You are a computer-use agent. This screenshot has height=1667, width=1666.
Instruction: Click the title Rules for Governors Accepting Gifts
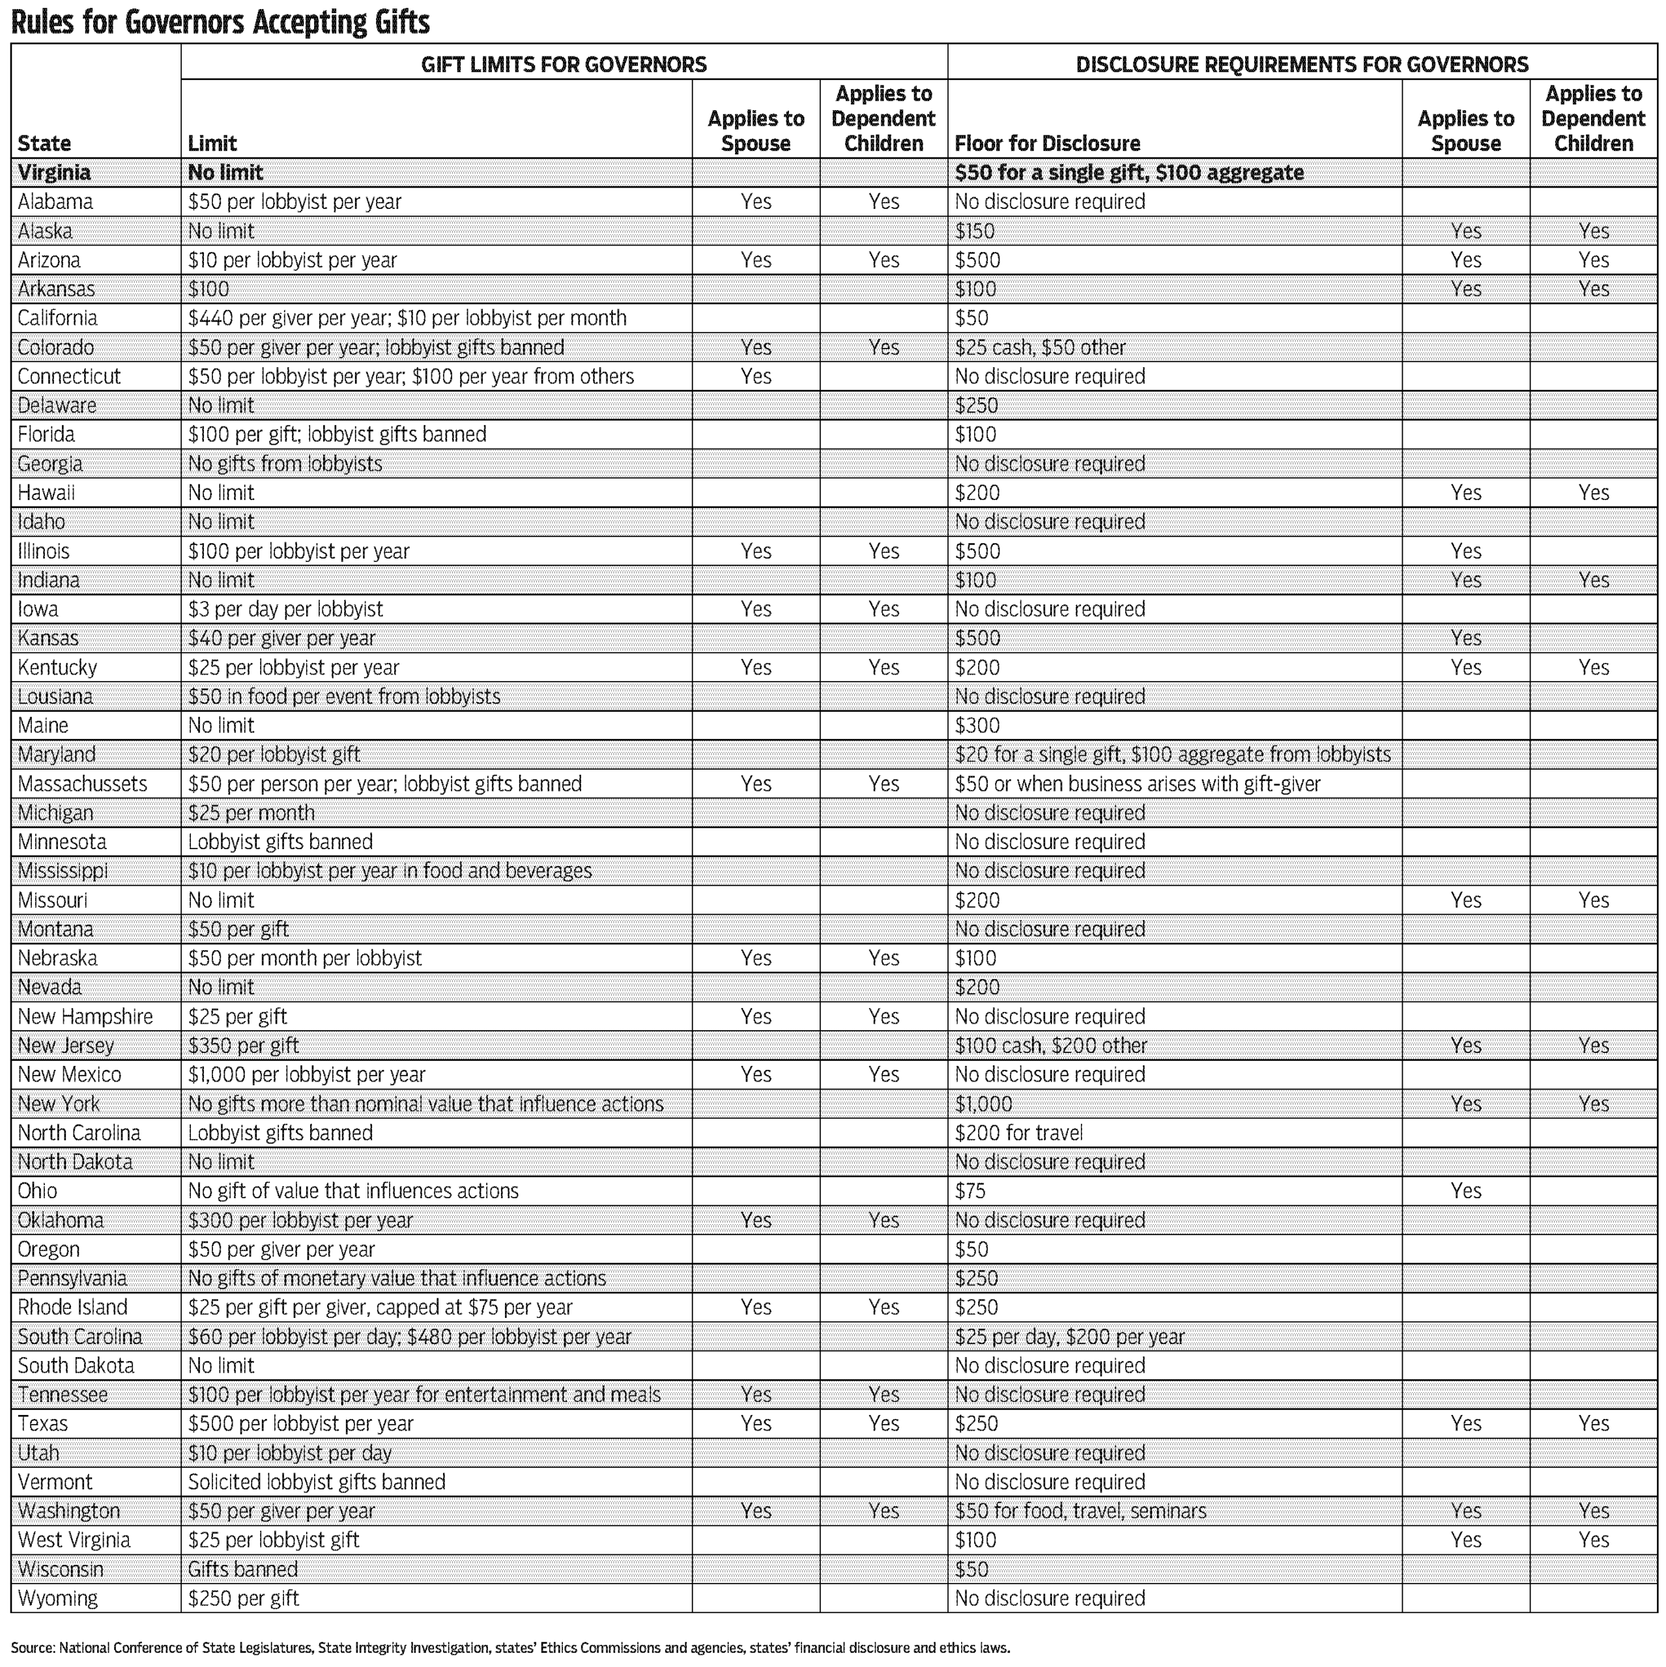click(220, 22)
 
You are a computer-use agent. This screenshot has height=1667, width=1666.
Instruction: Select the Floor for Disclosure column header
click(1046, 143)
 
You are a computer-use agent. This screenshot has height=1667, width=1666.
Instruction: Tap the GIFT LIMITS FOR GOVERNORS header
click(563, 64)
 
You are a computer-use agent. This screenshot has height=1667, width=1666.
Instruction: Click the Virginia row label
click(53, 173)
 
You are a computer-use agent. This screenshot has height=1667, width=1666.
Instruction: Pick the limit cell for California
click(407, 318)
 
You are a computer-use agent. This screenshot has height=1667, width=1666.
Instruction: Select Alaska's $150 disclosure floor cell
click(975, 231)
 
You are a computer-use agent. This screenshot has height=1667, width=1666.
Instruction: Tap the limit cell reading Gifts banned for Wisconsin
click(242, 1569)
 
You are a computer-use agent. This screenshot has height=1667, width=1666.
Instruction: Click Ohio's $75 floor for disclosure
click(970, 1192)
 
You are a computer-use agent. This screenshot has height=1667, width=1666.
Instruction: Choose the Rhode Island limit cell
click(380, 1308)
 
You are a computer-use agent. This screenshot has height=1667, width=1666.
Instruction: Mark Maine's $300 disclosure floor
click(977, 725)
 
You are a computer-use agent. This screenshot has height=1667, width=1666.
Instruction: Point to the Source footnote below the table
click(510, 1647)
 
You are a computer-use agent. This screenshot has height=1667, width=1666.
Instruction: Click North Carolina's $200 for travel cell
click(1018, 1133)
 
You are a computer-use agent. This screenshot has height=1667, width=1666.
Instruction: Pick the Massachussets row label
click(82, 784)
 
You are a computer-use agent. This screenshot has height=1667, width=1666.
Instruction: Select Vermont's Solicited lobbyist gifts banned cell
click(317, 1482)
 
